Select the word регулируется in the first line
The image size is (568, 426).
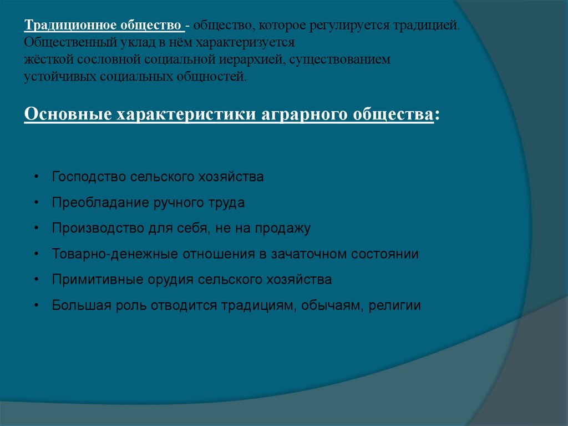click(x=357, y=26)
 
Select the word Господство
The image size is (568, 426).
click(x=88, y=177)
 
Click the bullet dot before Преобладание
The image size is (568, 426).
click(x=36, y=203)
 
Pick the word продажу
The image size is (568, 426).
click(x=284, y=228)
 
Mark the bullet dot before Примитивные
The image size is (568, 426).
click(x=36, y=279)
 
